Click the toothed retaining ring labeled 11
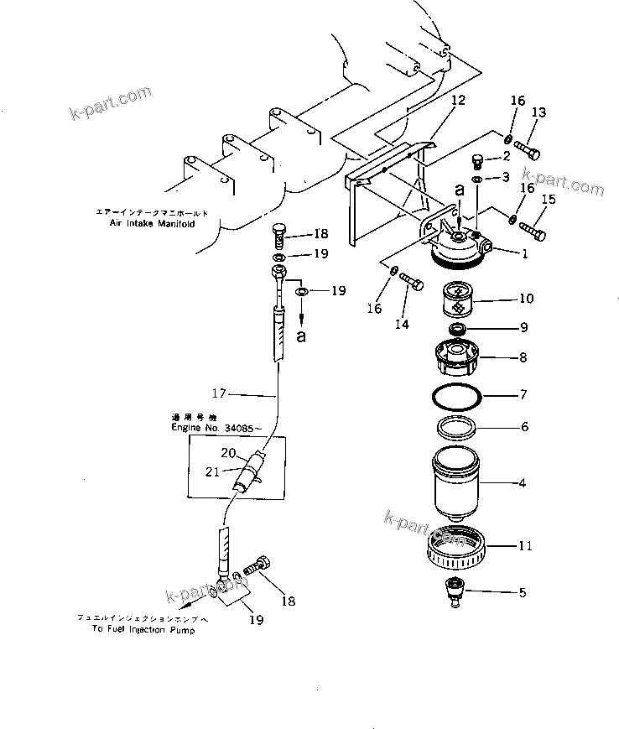click(x=460, y=547)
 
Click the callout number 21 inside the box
click(x=212, y=472)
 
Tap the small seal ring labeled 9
click(x=459, y=327)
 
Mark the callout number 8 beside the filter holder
click(x=523, y=357)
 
